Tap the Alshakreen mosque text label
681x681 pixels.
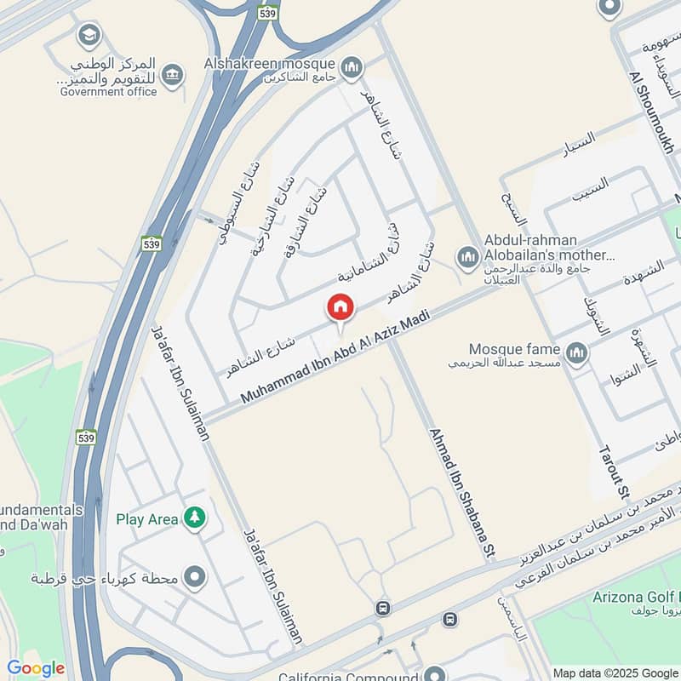coord(272,64)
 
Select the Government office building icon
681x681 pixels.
coord(174,76)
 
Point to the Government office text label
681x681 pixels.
coord(108,92)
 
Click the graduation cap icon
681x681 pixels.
coord(88,36)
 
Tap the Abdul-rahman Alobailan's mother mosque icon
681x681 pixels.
coord(467,256)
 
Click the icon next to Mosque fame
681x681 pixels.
coord(577,353)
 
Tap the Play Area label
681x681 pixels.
coord(147,519)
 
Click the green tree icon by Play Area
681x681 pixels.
coord(196,518)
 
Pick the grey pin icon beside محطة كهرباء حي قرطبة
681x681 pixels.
coord(196,579)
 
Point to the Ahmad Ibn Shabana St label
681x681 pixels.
coord(462,494)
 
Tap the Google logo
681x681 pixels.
coord(36,668)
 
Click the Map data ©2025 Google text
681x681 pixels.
coord(615,672)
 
